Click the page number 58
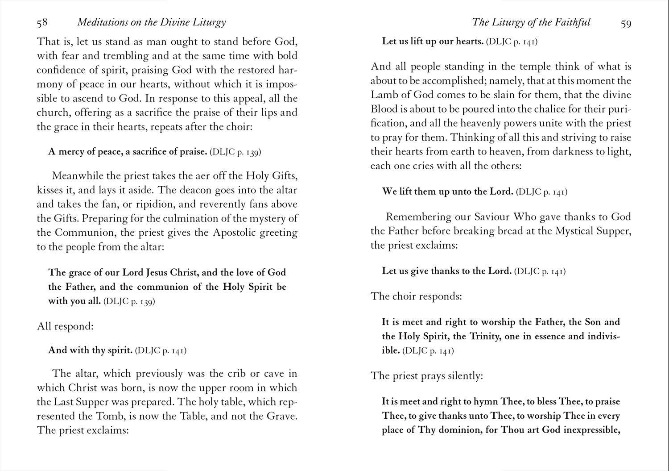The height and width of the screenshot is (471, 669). tap(42, 22)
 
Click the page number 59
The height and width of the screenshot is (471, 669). tap(626, 23)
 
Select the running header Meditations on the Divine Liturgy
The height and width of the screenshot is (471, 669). tap(152, 22)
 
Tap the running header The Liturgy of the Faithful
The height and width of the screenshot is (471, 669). tap(531, 22)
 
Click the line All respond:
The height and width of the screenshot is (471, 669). tap(65, 326)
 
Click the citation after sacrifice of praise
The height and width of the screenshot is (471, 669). tap(235, 152)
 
